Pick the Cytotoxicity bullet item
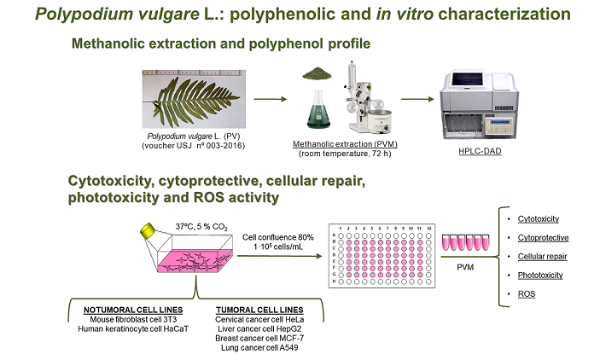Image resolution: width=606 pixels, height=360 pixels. click(539, 219)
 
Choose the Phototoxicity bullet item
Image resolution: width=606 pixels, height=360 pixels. click(540, 275)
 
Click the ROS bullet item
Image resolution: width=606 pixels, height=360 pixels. click(527, 293)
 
